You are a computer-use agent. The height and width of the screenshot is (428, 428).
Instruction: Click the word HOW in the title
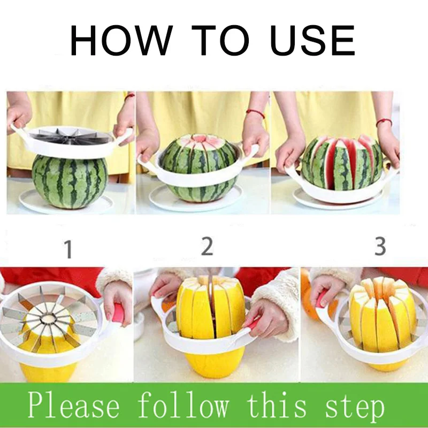(121, 40)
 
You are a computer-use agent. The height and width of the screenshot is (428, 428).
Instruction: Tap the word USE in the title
(312, 40)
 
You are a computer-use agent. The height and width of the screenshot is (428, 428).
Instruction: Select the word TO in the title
(220, 40)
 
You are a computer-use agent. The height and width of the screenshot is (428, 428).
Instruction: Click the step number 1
(68, 249)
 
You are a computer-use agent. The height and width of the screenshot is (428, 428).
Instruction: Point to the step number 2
(207, 246)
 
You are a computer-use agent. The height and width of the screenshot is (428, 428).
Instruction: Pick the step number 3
(380, 246)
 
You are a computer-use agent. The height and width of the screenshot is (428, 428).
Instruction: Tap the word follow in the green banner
(183, 404)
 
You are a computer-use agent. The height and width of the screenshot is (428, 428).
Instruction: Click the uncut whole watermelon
(70, 181)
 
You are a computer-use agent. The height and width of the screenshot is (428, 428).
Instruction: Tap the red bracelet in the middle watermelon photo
(256, 113)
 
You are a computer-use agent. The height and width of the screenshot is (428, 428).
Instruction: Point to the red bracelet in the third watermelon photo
(384, 122)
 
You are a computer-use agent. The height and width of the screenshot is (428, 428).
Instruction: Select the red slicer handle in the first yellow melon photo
(118, 313)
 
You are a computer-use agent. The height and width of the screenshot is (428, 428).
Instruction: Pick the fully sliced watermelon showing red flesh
(342, 163)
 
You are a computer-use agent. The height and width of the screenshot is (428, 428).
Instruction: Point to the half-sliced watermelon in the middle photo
(198, 168)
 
